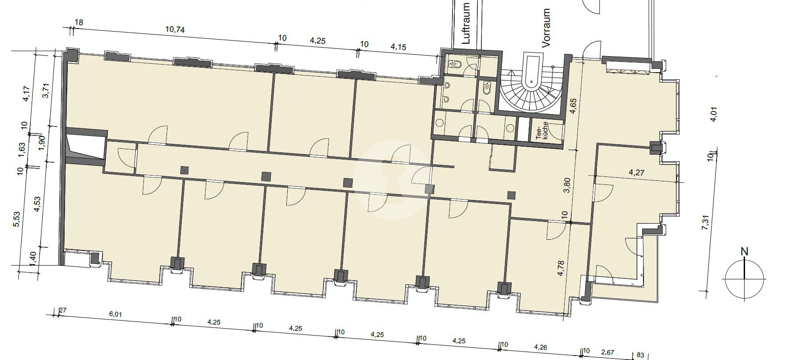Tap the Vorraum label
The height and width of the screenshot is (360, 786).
(546, 28)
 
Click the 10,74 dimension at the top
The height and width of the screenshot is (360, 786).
(175, 30)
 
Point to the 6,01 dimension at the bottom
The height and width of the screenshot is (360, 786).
(115, 314)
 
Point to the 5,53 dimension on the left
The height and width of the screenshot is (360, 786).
(16, 219)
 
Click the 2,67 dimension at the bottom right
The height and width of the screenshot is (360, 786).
(607, 352)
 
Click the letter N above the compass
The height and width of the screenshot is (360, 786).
(744, 252)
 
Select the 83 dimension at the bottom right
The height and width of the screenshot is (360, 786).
(640, 355)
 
